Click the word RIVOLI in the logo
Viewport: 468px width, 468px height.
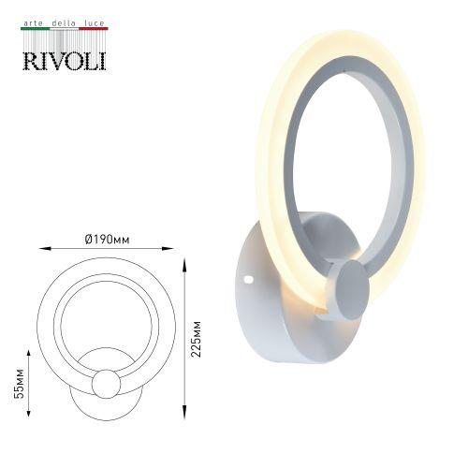click(64, 59)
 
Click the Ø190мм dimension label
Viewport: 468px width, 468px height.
click(107, 240)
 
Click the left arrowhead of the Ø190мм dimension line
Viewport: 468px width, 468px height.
click(42, 249)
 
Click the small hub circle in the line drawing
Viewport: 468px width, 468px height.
click(106, 384)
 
